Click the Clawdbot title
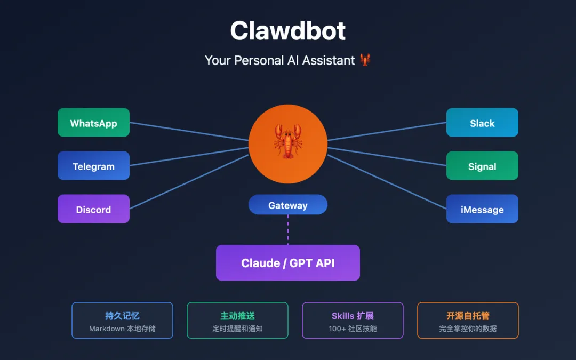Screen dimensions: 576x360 (x=288, y=31)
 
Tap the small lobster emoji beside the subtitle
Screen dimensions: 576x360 (x=365, y=60)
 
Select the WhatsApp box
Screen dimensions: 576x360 (x=93, y=123)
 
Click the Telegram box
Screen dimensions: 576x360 (x=93, y=166)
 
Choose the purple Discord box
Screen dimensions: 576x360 (x=93, y=209)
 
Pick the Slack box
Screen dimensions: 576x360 (x=482, y=123)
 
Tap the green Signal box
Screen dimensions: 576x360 (x=482, y=166)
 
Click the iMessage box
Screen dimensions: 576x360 (x=482, y=209)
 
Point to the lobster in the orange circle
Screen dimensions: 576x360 (x=288, y=141)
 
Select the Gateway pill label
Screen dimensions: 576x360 (x=288, y=205)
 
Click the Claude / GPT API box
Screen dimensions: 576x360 (x=288, y=262)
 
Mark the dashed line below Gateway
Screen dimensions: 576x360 (x=288, y=229)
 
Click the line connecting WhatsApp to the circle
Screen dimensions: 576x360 (x=189, y=132)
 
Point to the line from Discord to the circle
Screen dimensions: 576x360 (x=189, y=181)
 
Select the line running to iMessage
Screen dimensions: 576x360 (x=387, y=182)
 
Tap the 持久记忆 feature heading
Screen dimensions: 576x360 (x=122, y=316)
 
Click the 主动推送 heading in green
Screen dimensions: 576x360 (x=237, y=316)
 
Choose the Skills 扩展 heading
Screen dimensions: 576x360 (x=353, y=316)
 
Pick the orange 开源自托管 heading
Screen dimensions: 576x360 (x=468, y=316)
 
